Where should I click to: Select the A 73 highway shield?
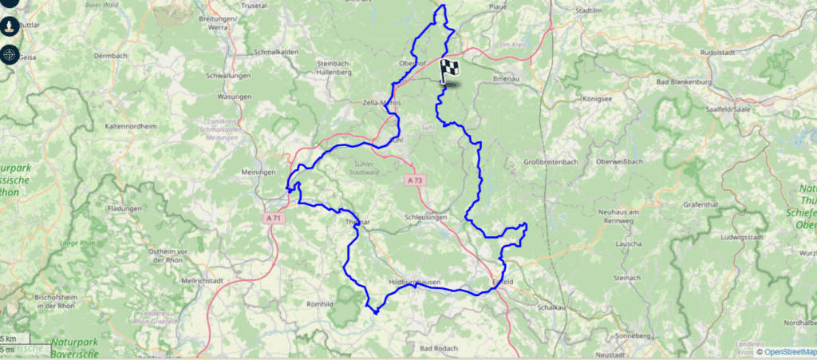click(415, 180)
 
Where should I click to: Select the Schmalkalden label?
click(277, 51)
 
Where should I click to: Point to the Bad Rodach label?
click(437, 348)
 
